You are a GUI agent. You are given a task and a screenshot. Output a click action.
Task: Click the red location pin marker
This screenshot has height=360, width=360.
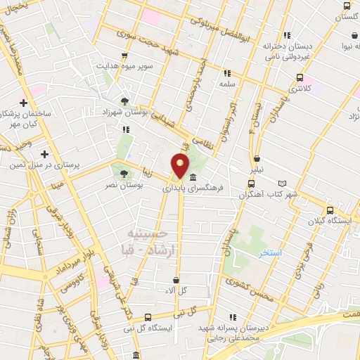pyautogui.click(x=181, y=166)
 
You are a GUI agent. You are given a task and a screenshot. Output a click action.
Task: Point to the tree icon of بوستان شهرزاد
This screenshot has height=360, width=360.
pyautogui.click(x=124, y=101)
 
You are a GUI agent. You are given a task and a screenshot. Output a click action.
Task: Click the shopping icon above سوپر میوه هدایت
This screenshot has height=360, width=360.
pyautogui.click(x=124, y=56)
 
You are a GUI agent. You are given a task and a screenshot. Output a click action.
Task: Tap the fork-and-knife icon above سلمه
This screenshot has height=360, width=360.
pyautogui.click(x=226, y=72)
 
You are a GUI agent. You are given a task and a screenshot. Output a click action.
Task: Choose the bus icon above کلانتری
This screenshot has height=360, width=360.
pyautogui.click(x=300, y=78)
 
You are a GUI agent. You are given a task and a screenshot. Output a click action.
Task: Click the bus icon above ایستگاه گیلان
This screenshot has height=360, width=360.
pyautogui.click(x=330, y=210)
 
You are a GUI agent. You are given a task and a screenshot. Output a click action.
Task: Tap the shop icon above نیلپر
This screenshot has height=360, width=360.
pyautogui.click(x=257, y=158)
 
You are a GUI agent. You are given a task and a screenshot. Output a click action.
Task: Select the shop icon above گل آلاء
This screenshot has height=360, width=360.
pyautogui.click(x=176, y=280)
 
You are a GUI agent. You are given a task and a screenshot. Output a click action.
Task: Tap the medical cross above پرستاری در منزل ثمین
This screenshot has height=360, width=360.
pyautogui.click(x=44, y=154)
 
